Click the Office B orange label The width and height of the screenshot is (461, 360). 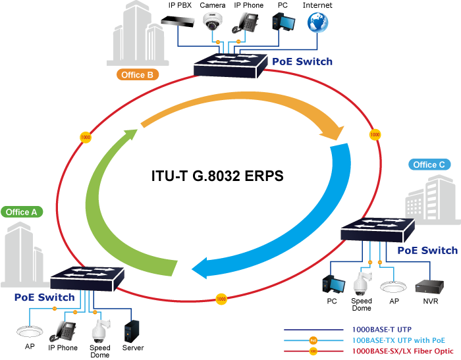click(137, 74)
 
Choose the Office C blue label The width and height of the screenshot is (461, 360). click(429, 165)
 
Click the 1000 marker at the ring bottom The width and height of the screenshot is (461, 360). click(221, 297)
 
